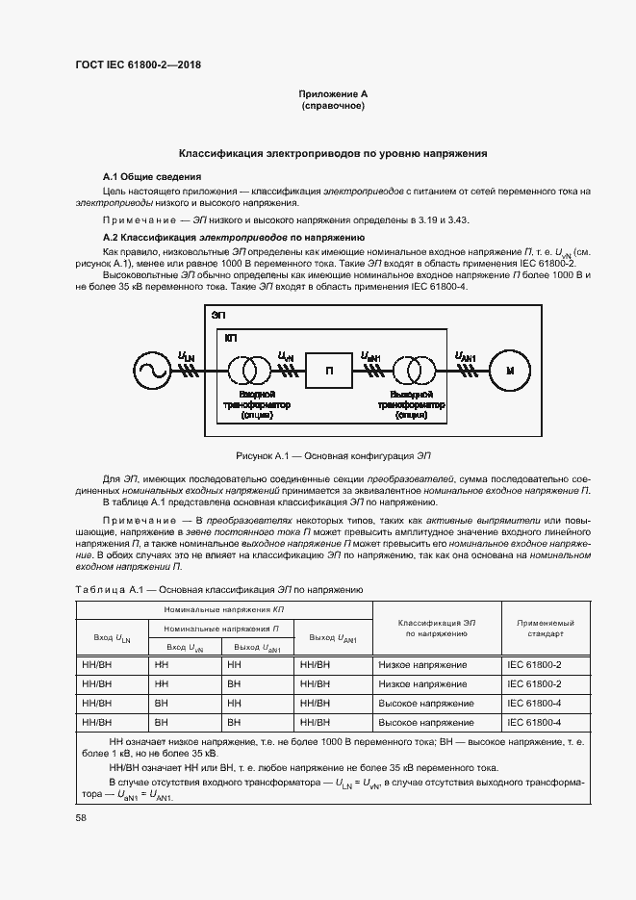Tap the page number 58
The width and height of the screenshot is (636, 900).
coord(81,817)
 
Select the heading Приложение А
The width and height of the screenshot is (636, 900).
coord(333,94)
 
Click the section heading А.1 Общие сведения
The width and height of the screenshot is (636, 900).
coord(152,177)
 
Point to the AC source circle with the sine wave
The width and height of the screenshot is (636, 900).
coord(151,370)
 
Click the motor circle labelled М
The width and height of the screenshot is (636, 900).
coord(511,370)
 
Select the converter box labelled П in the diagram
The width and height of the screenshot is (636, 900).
coord(329,370)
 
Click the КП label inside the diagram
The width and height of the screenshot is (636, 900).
coord(231,339)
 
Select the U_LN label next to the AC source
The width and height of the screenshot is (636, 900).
coord(186,357)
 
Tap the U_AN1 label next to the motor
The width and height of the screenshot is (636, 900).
coord(466,357)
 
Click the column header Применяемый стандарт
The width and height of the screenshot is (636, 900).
coord(546,629)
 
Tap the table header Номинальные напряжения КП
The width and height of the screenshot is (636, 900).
coord(223,610)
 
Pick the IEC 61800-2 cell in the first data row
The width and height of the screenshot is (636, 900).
coord(535,665)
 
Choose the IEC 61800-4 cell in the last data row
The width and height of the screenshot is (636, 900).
coord(535,721)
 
